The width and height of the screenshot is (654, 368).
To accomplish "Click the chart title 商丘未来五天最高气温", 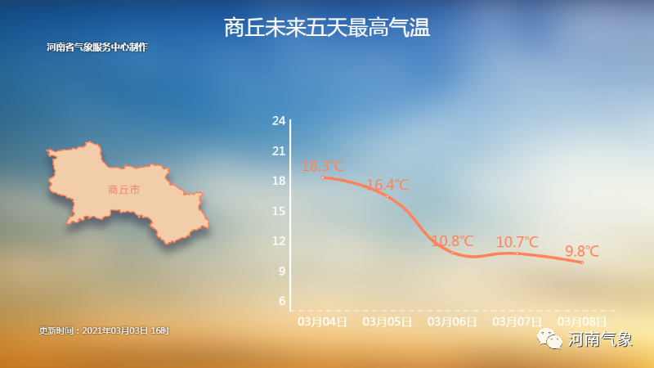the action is coord(326,28).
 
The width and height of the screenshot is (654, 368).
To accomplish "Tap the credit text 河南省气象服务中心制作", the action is coord(97,47).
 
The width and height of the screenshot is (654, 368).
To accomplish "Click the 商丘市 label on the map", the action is coord(124,190).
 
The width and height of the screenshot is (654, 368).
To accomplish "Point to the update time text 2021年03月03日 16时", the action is coord(126,331).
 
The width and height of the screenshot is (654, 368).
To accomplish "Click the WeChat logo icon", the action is coord(549,339).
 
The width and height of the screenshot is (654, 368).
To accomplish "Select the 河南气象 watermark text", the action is coord(600,339).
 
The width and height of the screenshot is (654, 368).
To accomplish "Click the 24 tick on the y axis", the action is coord(279,121).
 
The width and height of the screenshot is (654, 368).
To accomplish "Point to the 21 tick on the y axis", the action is coord(279,151).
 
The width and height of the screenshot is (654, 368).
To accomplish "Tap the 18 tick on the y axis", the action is coord(279,181).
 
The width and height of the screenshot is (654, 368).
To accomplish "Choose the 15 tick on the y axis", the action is coord(279,211).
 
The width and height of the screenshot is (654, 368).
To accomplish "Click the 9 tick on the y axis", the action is coord(282,272).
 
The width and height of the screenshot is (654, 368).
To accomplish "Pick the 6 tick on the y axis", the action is coord(282,301).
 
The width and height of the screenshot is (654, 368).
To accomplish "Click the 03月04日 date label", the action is coord(322,322).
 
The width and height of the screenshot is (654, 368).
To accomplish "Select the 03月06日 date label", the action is coord(453,322).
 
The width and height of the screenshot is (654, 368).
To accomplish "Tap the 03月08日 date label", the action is coord(582,322).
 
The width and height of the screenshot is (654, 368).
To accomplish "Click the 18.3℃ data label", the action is coord(322,166).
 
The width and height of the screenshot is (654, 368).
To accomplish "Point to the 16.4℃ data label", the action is coord(387,185).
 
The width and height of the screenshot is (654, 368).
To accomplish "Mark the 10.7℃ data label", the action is coord(517,242).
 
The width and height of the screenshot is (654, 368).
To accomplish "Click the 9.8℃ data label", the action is coord(582,251).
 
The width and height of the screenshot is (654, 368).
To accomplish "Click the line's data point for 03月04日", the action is coord(322,177).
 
